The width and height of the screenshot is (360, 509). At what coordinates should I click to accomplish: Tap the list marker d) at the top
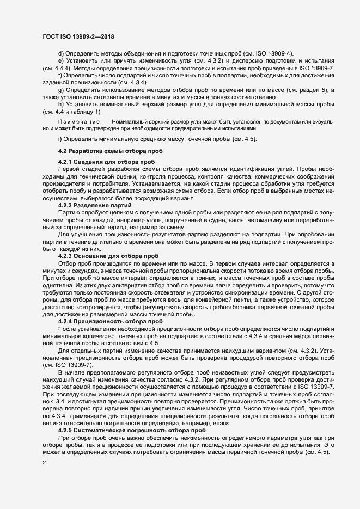(x=61, y=53)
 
